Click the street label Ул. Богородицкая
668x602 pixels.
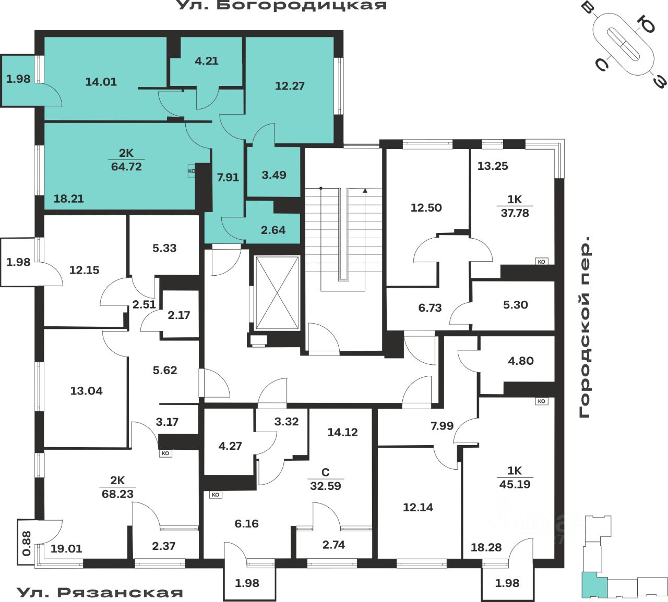(282, 6)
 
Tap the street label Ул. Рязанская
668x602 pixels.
(100, 592)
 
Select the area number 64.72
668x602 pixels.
(126, 167)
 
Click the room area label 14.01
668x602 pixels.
(101, 82)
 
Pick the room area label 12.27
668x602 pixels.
(290, 86)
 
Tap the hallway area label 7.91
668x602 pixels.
(228, 177)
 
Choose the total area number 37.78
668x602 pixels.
(515, 213)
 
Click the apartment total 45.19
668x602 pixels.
(515, 484)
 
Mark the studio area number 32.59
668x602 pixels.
(325, 486)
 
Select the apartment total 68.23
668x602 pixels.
(117, 494)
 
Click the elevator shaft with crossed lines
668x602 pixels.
(277, 292)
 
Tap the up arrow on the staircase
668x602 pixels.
(365, 191)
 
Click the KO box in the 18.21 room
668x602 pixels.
(192, 170)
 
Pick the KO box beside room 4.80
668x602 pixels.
(541, 401)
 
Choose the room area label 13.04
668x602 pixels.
(86, 391)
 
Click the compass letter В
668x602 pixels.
(588, 9)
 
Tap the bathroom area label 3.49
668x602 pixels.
(274, 175)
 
